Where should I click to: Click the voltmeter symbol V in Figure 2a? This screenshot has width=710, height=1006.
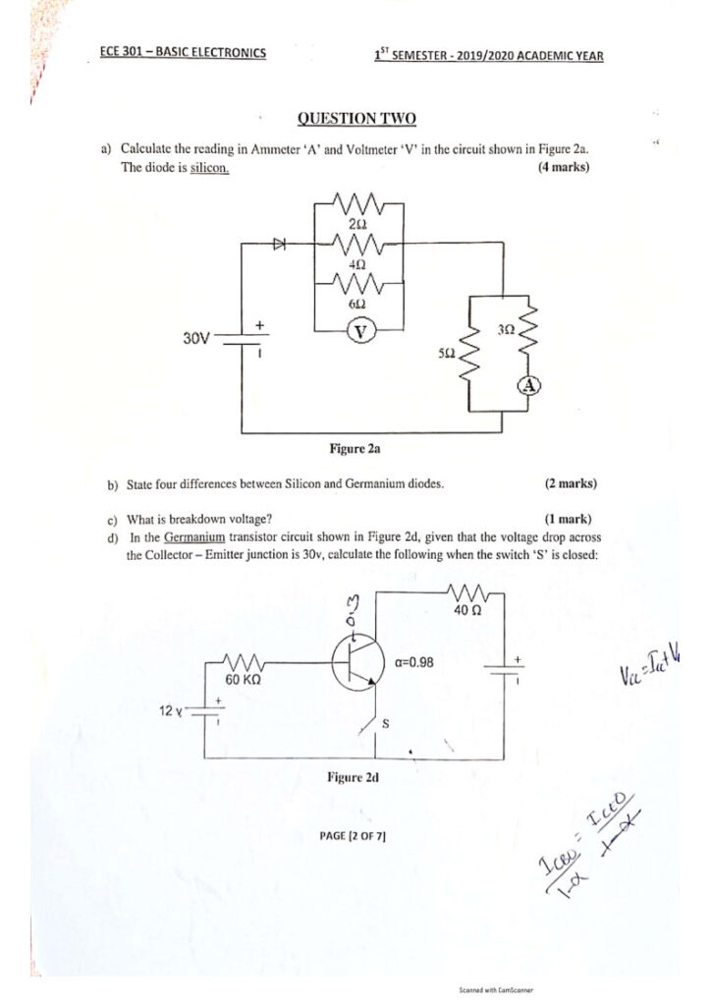[359, 332]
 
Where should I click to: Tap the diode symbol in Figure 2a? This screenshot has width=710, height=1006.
[279, 242]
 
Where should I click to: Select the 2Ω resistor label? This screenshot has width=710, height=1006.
[356, 226]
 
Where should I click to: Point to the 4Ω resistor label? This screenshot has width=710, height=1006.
[357, 265]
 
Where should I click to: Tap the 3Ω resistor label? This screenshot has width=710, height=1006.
[507, 331]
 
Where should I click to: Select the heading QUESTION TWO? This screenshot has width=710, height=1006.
[356, 119]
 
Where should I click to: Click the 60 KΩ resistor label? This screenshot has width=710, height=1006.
[242, 679]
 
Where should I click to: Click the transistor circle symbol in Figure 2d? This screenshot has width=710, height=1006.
[355, 664]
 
